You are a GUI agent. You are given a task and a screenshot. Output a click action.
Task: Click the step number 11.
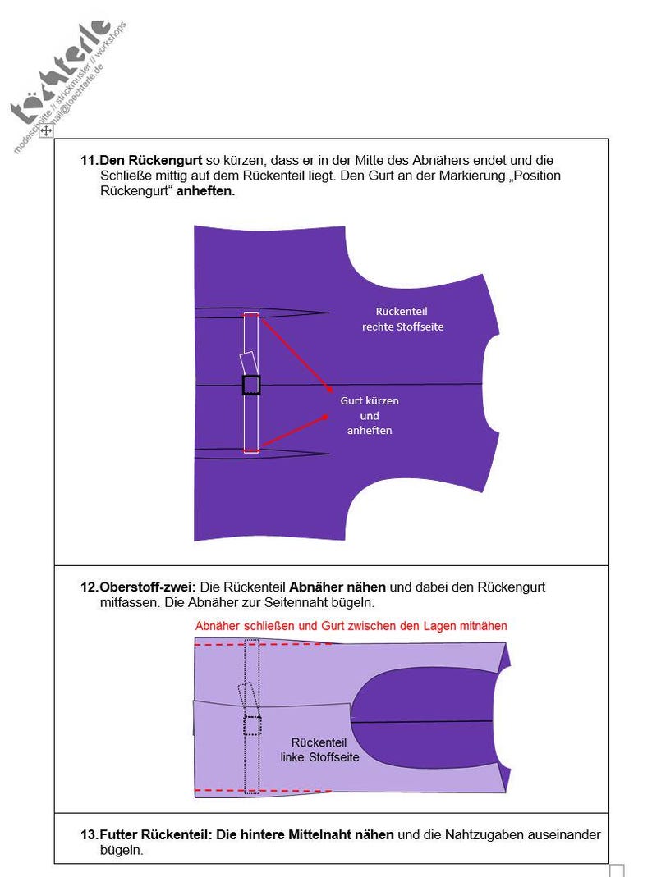89,161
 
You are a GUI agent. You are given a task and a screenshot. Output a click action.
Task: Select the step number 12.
89,587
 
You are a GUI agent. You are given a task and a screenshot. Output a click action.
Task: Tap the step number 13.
89,835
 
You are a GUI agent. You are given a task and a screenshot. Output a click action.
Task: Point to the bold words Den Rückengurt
151,161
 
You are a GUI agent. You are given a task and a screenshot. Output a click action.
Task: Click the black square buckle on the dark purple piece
251,385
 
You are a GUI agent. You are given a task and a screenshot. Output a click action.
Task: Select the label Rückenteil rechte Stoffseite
402,319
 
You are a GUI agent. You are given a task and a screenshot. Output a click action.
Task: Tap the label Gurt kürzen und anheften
370,415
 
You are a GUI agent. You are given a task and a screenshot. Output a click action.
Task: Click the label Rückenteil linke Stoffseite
319,750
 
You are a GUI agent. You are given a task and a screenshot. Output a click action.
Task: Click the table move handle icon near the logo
47,130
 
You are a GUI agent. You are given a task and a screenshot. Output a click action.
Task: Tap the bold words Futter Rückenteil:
156,835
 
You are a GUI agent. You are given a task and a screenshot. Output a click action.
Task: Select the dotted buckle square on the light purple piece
252,725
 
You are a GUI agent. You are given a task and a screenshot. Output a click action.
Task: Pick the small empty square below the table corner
617,870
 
